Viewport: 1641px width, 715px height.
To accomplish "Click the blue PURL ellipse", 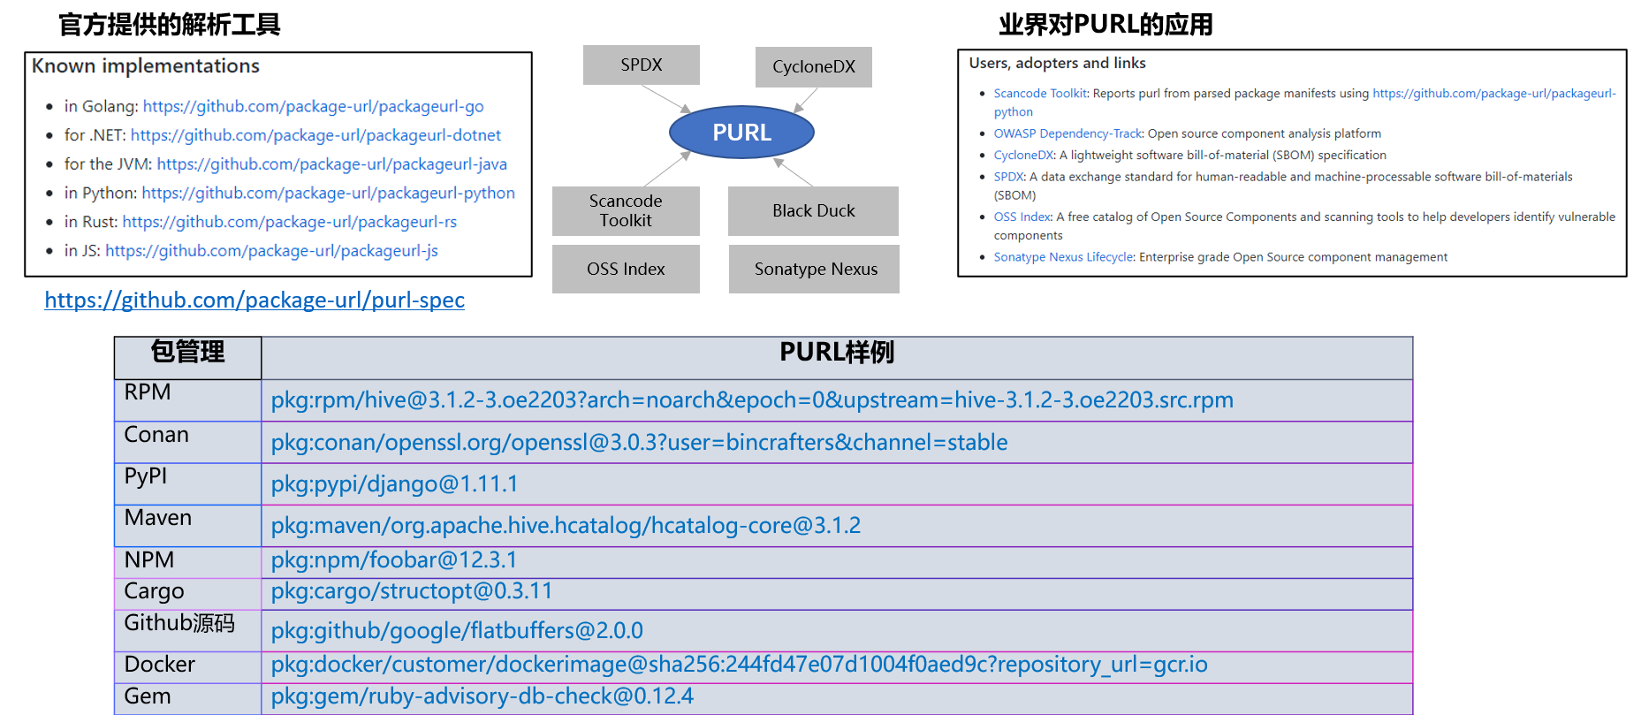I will coord(741,133).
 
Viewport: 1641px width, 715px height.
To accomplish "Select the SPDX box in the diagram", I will coord(641,65).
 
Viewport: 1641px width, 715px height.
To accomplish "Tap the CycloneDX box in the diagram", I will coord(813,67).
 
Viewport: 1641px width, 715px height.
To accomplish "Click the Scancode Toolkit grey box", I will coord(626,210).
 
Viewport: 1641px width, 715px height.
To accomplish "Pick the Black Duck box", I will coord(813,210).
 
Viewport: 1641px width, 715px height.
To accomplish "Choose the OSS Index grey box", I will coord(626,269).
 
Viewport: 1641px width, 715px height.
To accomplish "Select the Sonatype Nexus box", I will coord(815,269).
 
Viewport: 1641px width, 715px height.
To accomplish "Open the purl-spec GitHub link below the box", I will coord(255,300).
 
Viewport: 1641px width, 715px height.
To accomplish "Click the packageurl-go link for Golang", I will coord(313,107).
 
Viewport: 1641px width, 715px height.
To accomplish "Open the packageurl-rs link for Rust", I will coord(289,222).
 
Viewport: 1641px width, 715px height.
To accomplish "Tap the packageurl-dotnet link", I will coord(315,135).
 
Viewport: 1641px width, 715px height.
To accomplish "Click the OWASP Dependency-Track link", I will coord(1067,133).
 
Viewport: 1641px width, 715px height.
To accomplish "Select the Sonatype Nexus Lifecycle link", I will coord(1063,257).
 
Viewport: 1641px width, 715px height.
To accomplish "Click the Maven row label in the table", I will coord(158,518).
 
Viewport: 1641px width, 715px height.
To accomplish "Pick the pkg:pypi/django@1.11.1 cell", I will coord(394,484).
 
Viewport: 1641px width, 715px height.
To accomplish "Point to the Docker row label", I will coord(160,665).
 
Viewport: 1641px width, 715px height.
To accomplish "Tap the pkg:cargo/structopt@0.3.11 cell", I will coord(411,591).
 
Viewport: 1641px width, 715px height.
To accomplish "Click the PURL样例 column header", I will coord(836,353).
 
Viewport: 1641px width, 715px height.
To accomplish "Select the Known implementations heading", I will coord(146,66).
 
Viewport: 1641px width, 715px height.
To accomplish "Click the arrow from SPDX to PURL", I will coord(666,98).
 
